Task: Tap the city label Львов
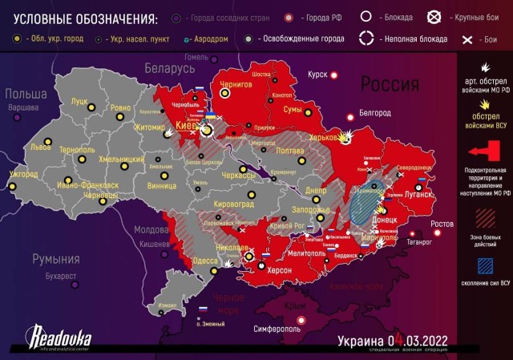coord(38,148)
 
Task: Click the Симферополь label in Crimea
coord(276,328)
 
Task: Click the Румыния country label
coord(55,259)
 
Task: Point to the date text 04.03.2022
coord(417,340)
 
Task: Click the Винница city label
coord(162,186)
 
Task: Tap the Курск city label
coord(317,75)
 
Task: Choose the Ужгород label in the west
coord(24,173)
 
